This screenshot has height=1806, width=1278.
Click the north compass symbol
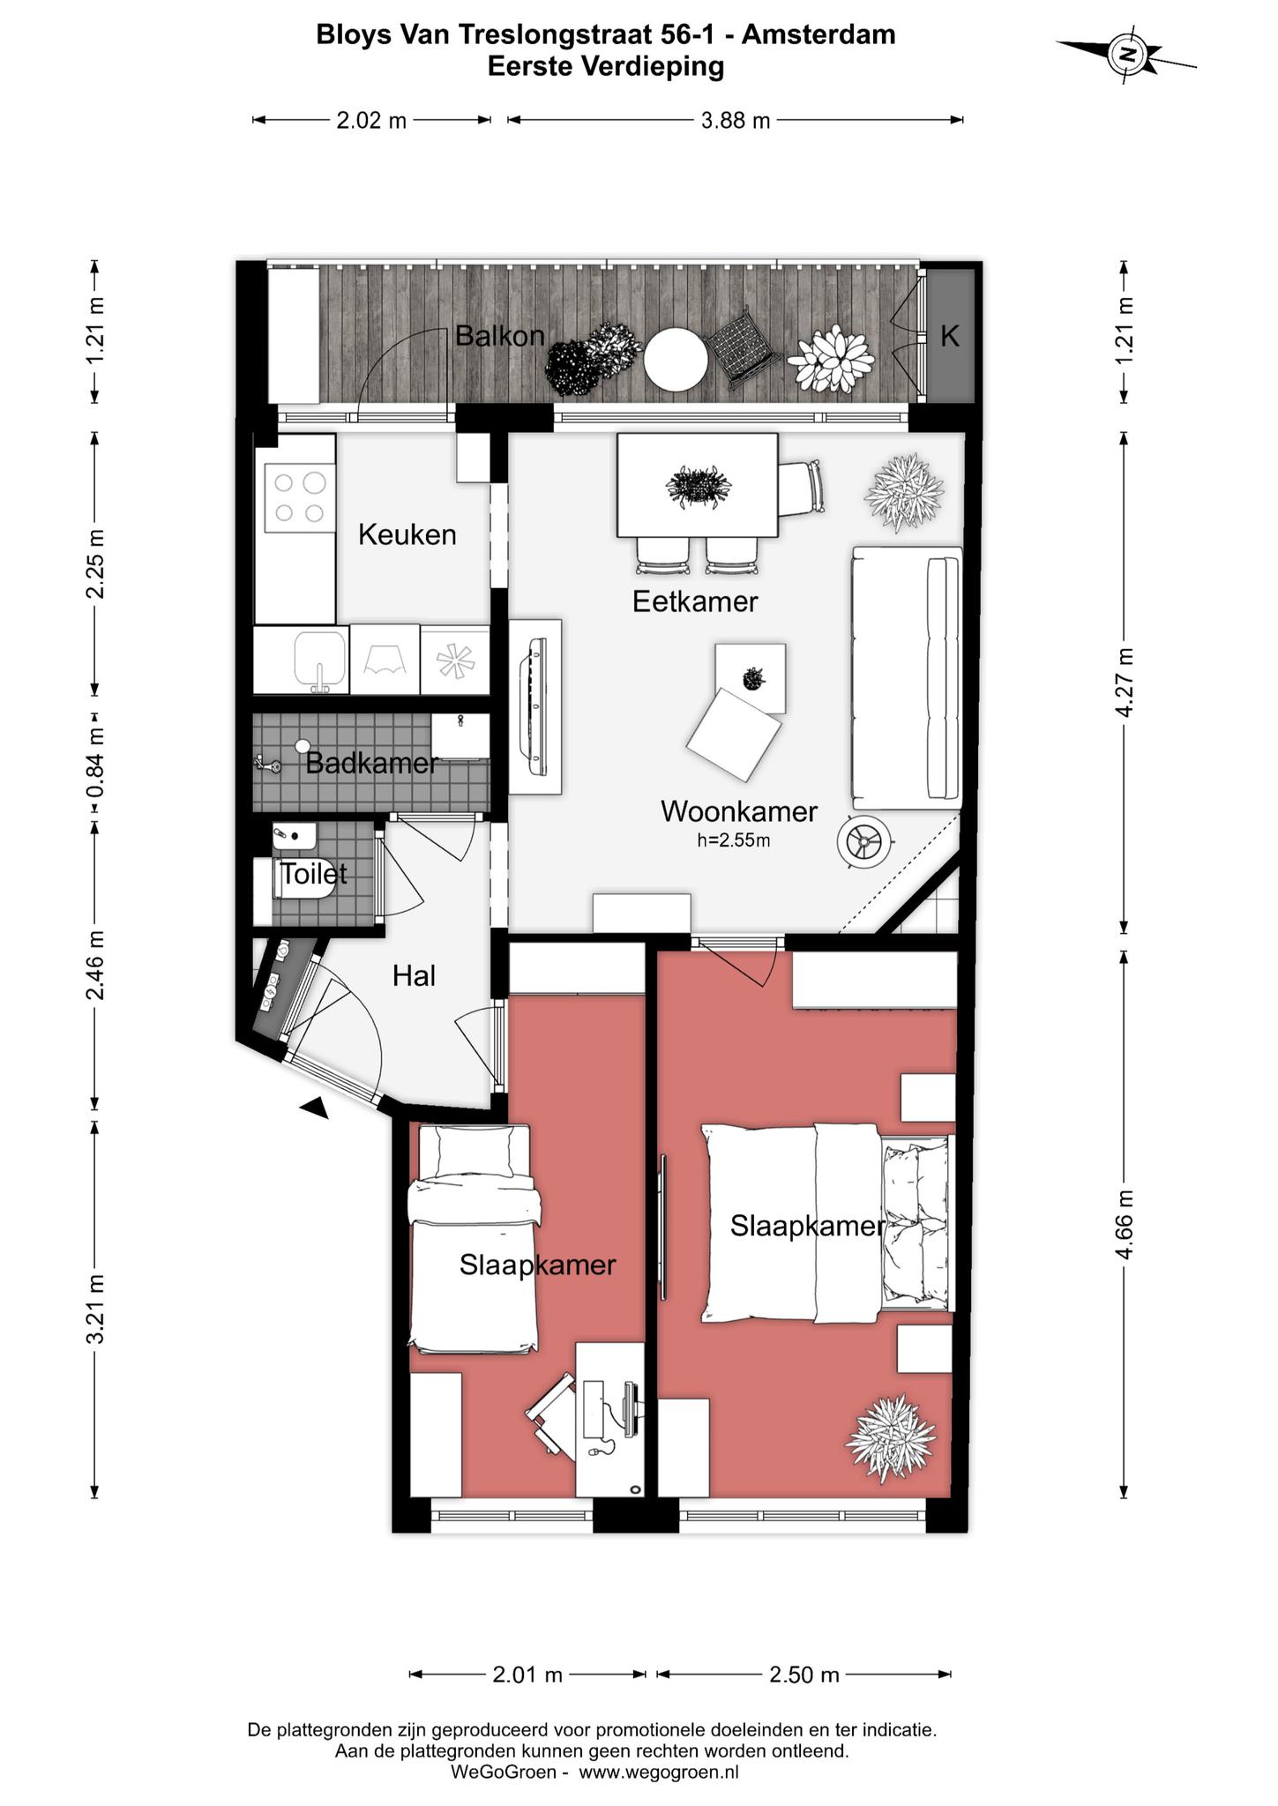coord(1127,55)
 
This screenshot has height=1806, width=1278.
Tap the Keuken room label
coord(407,534)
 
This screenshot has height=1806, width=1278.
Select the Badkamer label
coord(371,763)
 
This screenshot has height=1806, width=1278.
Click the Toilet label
coord(313,874)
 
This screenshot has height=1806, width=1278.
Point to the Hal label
coord(415,975)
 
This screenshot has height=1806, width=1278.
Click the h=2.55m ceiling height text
coord(734,840)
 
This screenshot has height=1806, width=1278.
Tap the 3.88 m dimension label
coord(736,120)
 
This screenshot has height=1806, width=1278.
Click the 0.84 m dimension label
coord(95,761)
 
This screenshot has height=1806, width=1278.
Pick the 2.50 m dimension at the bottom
coord(804,1674)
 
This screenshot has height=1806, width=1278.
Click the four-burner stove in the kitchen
coord(300,497)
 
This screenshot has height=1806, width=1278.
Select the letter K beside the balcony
coord(949,336)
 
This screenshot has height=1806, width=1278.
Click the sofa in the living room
coord(907,677)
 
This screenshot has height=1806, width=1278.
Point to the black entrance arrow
coord(315,1108)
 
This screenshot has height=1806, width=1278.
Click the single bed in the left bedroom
coord(475,1238)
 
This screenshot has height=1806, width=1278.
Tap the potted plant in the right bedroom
coord(890,1437)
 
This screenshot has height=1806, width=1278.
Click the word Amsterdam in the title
coord(818,34)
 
